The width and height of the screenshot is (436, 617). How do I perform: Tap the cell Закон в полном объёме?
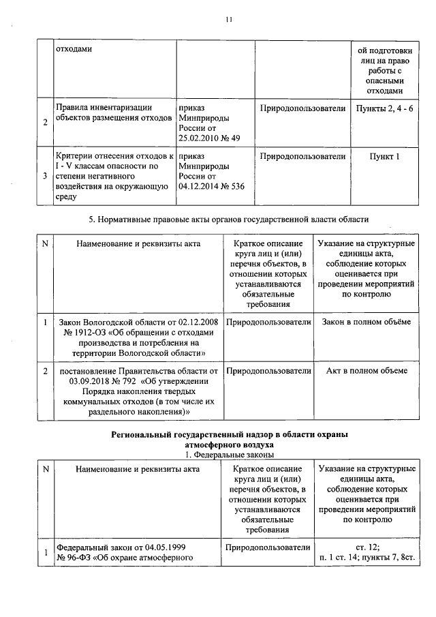[367, 321]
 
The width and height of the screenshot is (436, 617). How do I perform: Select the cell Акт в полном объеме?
[367, 371]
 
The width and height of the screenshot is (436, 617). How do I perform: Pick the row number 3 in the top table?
[45, 176]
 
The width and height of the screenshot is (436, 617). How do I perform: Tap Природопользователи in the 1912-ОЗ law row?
[268, 321]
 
